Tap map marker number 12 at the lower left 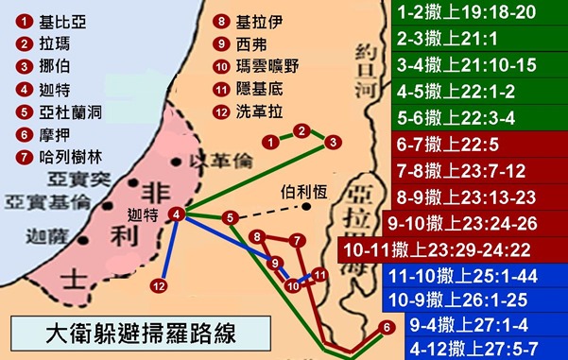(159, 285)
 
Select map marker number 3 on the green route (332, 142)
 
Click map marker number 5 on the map (230, 218)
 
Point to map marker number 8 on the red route (255, 236)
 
